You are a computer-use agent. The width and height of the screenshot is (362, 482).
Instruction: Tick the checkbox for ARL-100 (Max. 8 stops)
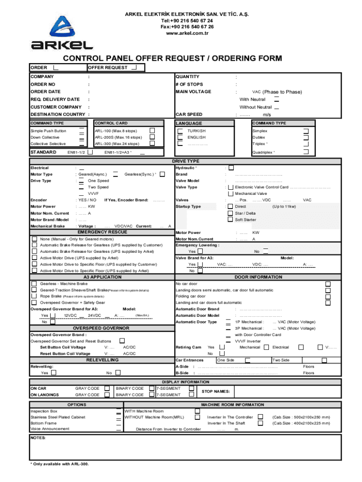(x=152, y=130)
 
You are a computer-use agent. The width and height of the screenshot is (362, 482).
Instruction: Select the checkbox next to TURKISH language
(x=180, y=130)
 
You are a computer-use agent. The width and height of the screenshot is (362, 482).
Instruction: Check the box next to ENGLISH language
(x=180, y=137)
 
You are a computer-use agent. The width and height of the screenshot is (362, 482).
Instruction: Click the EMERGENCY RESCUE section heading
(x=102, y=232)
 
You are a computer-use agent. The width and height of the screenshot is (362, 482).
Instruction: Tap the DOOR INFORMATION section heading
(x=258, y=277)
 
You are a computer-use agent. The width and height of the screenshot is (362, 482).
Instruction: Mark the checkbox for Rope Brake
(x=34, y=296)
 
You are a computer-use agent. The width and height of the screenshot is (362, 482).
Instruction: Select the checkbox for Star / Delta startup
(x=230, y=213)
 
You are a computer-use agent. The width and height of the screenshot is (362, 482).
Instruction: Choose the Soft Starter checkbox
(x=230, y=219)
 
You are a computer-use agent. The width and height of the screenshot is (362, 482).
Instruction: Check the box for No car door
(x=328, y=284)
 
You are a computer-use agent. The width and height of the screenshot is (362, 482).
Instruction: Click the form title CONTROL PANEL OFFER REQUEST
(x=173, y=58)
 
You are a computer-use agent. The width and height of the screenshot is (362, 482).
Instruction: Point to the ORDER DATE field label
(x=46, y=91)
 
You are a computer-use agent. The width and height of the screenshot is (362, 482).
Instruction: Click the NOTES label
(x=38, y=438)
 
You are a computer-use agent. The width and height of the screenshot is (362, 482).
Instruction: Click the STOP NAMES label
(x=215, y=391)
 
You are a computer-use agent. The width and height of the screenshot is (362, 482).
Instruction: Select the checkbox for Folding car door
(x=328, y=296)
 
